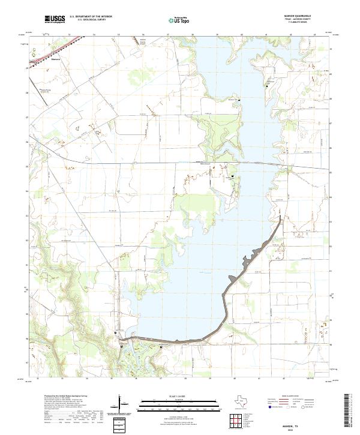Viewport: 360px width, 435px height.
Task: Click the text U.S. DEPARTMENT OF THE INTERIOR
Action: tap(91, 16)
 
